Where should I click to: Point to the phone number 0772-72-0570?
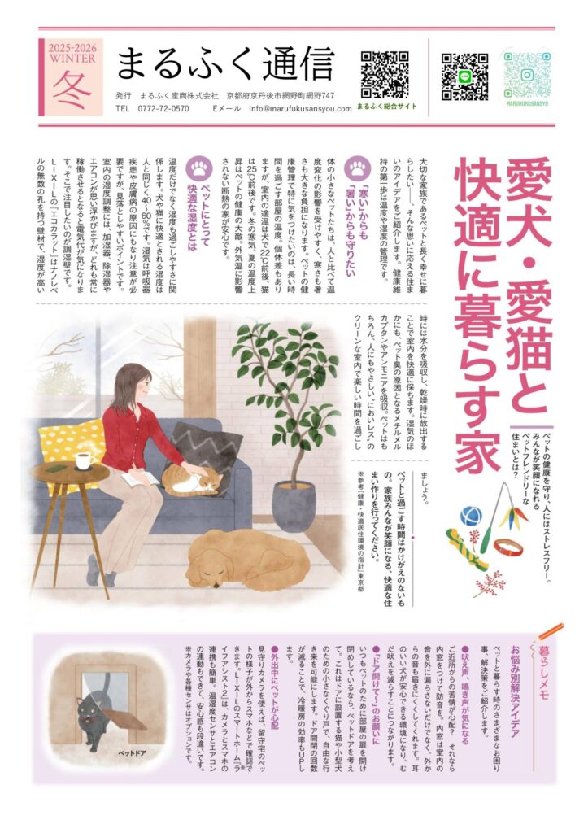(x=163, y=108)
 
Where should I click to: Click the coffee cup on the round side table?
(x=84, y=461)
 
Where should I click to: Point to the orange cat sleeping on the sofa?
(x=191, y=480)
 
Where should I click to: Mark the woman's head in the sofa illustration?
(x=130, y=382)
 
